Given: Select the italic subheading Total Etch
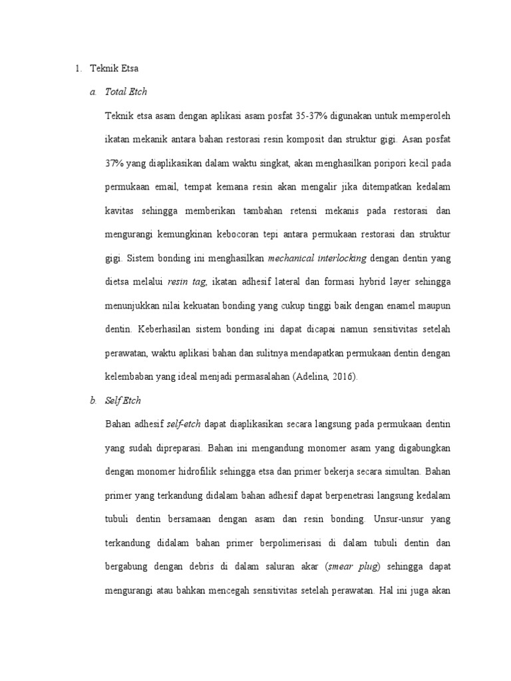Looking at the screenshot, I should pyautogui.click(x=126, y=92).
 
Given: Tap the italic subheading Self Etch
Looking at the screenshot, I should pyautogui.click(x=123, y=400).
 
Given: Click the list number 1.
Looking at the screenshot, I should pyautogui.click(x=77, y=68).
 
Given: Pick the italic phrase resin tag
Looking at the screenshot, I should pyautogui.click(x=188, y=282).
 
